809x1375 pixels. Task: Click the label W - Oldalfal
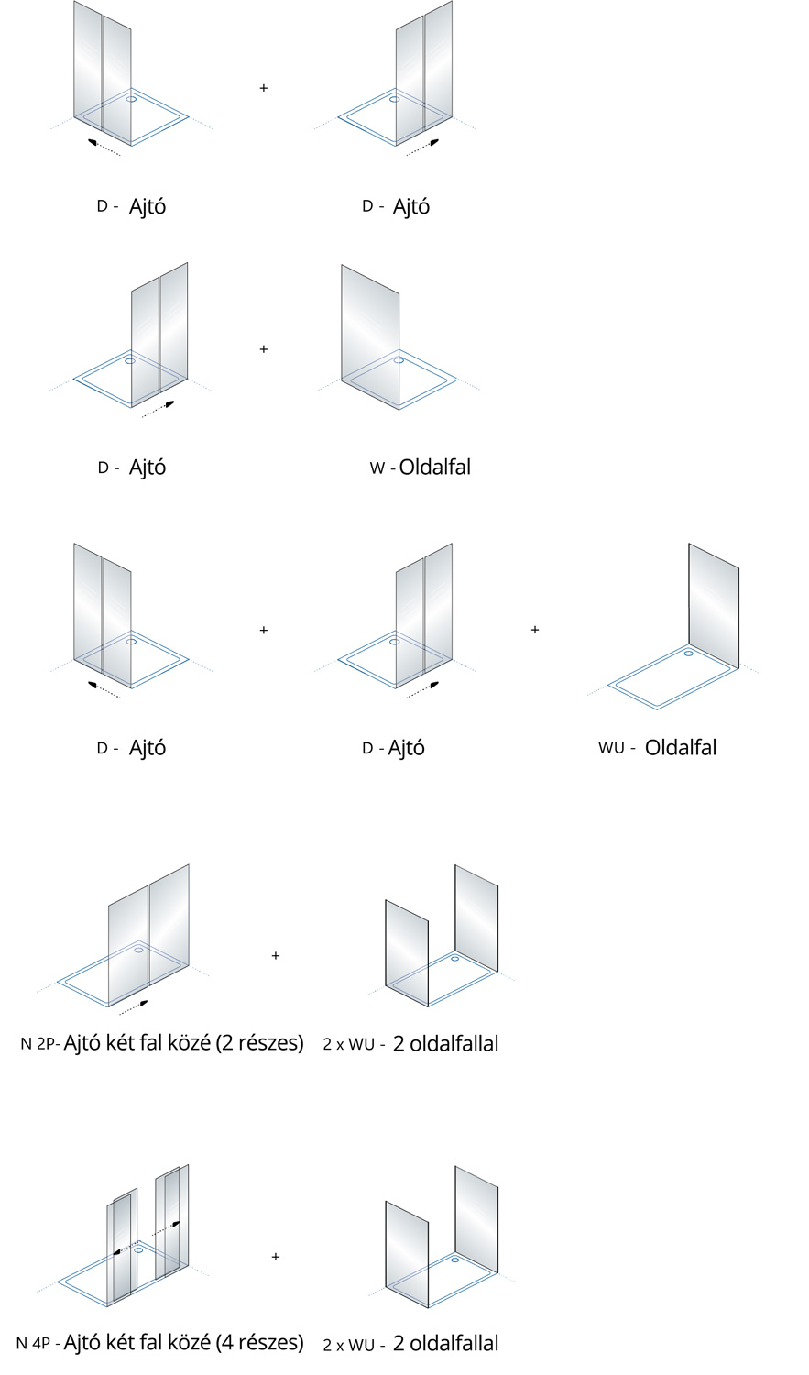point(421,467)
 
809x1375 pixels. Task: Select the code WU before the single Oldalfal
point(611,747)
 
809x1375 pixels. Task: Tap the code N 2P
point(39,1043)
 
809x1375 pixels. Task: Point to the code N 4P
point(34,1344)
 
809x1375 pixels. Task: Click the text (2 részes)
point(259,1042)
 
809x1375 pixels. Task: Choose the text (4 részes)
point(259,1343)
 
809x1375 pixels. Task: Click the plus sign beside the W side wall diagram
point(264,349)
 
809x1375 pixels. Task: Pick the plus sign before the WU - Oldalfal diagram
point(535,630)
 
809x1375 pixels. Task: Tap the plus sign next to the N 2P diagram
point(276,955)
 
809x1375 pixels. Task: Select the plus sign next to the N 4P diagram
point(276,1256)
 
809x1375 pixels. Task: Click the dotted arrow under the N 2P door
point(134,1006)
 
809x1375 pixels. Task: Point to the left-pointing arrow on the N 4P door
point(119,1249)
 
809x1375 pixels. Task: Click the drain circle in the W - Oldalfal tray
point(399,360)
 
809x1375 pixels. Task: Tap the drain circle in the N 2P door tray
point(138,950)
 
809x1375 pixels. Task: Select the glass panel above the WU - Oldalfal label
point(714,605)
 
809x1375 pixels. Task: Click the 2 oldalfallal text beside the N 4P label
point(445,1344)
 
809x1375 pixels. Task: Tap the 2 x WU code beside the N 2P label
point(348,1044)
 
